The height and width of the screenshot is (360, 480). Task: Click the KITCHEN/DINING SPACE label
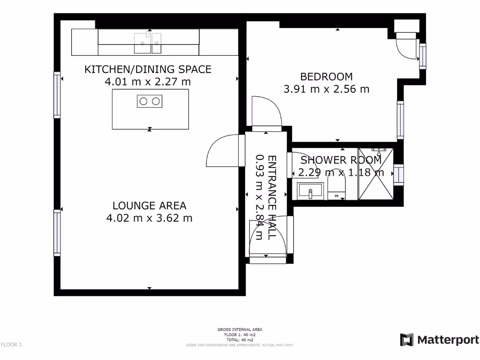tap(148, 69)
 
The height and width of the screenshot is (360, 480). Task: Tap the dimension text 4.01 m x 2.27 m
tap(148, 82)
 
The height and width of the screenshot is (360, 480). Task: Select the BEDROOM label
tap(326, 76)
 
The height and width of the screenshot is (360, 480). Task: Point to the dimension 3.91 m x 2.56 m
tap(326, 89)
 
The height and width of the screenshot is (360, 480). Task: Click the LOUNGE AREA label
tap(149, 205)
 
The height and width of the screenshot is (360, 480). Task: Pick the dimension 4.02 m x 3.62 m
tap(149, 218)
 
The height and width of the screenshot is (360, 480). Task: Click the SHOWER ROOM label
tap(341, 160)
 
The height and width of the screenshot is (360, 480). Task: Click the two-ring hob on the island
tap(150, 101)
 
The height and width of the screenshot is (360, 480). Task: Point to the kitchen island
tap(150, 115)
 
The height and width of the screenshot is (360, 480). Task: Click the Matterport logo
tap(440, 340)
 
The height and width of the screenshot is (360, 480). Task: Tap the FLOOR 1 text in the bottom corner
tap(11, 345)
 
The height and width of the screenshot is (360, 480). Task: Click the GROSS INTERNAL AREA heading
tap(240, 330)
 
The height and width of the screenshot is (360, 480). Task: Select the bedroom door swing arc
tap(266, 111)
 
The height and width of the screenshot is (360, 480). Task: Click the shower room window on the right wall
tap(399, 174)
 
